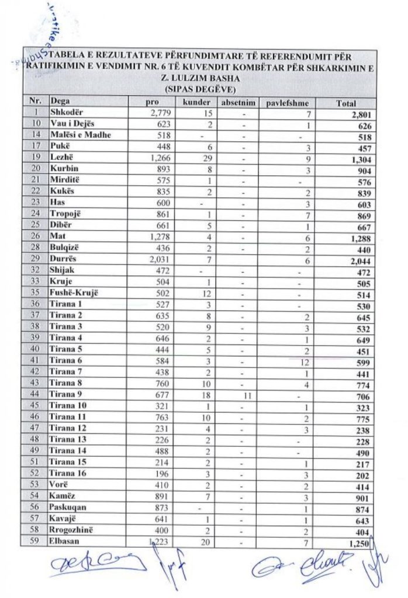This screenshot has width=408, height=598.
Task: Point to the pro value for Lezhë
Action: [x=158, y=158]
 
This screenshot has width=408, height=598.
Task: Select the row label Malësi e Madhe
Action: [x=77, y=135]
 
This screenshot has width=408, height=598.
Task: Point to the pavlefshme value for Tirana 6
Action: [x=303, y=362]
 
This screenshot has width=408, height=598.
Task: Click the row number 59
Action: [x=36, y=541]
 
